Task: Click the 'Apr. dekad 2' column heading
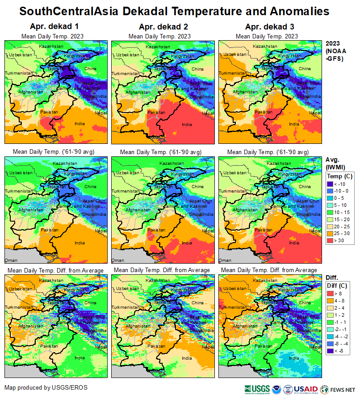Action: pyautogui.click(x=159, y=27)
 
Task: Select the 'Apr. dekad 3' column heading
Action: pyautogui.click(x=267, y=27)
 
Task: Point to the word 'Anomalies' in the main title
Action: pyautogui.click(x=292, y=10)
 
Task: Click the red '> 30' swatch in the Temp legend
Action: pyautogui.click(x=331, y=241)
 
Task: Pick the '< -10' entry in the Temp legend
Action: pyautogui.click(x=331, y=184)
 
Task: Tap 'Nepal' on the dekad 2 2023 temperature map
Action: pyautogui.click(x=208, y=113)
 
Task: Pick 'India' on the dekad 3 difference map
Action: pyautogui.click(x=294, y=358)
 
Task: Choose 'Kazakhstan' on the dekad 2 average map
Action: pyautogui.click(x=171, y=164)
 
